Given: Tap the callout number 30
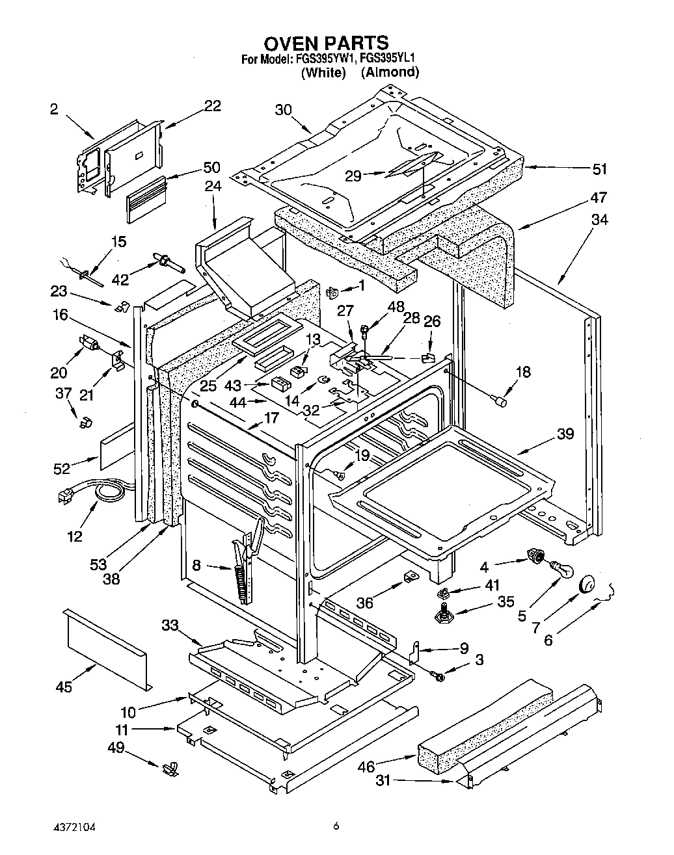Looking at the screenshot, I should pyautogui.click(x=283, y=110).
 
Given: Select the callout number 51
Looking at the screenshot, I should pyautogui.click(x=599, y=169).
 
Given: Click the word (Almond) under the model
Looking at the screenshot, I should pyautogui.click(x=390, y=72).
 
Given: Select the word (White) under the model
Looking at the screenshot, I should pyautogui.click(x=323, y=72).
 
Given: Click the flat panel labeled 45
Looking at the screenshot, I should pyautogui.click(x=107, y=649).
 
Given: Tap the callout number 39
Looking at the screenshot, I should pyautogui.click(x=565, y=434).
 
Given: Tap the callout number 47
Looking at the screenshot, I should pyautogui.click(x=598, y=198).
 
